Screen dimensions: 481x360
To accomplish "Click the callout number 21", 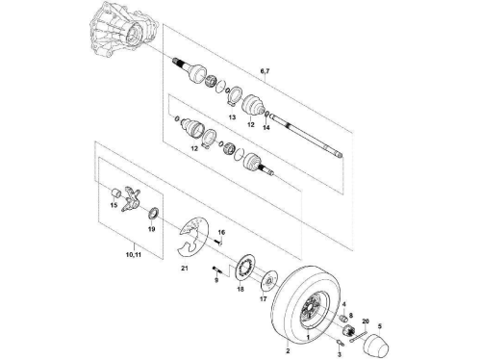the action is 185,269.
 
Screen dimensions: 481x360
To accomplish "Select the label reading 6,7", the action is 265,71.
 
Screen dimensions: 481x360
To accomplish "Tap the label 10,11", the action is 134,255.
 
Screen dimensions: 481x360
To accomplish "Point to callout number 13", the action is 232,117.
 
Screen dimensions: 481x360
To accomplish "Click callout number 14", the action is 266,127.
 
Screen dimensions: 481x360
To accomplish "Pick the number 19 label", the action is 152,229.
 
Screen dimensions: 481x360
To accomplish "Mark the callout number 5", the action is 380,326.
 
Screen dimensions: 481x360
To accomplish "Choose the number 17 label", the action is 263,299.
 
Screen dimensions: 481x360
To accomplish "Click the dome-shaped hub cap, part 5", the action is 377,345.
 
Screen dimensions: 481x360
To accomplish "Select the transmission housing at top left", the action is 123,31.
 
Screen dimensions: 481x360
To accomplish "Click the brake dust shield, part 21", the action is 191,238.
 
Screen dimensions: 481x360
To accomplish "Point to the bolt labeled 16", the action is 218,242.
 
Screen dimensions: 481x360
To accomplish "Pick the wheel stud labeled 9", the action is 216,270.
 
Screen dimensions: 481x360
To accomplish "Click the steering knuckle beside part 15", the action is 132,199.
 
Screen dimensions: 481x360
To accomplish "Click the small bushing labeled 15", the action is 115,193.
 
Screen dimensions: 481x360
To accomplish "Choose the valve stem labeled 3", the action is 341,343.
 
